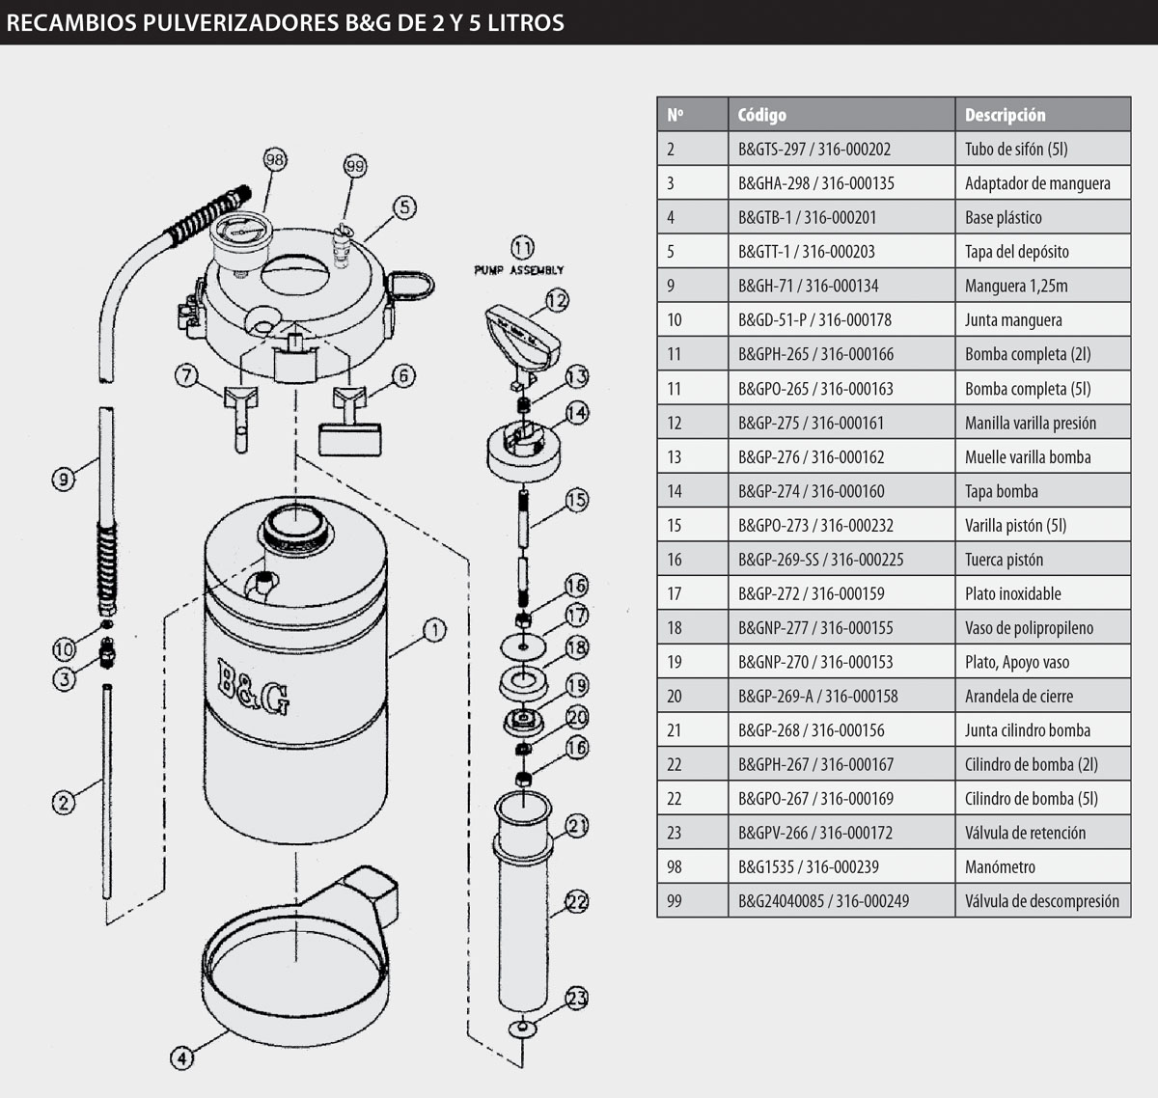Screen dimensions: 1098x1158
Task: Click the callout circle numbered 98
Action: (275, 159)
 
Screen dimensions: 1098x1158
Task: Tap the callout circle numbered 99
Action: (355, 167)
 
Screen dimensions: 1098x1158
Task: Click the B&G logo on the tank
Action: (252, 686)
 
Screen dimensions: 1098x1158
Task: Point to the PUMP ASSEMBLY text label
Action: (518, 270)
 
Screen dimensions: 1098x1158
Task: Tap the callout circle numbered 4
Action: (181, 1057)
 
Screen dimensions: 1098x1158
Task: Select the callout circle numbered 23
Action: (576, 998)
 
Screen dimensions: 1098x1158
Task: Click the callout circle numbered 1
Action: (434, 630)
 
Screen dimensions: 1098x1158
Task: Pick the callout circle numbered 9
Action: (63, 479)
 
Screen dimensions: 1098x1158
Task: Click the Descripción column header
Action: (1005, 115)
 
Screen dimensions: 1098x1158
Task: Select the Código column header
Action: (761, 115)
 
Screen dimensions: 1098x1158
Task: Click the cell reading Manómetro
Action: (1000, 866)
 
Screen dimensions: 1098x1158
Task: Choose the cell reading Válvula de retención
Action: (1025, 833)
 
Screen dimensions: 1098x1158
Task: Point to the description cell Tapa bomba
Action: (1002, 491)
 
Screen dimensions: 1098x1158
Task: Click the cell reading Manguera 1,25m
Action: (1016, 286)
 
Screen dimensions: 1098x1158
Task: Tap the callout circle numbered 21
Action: (576, 826)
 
